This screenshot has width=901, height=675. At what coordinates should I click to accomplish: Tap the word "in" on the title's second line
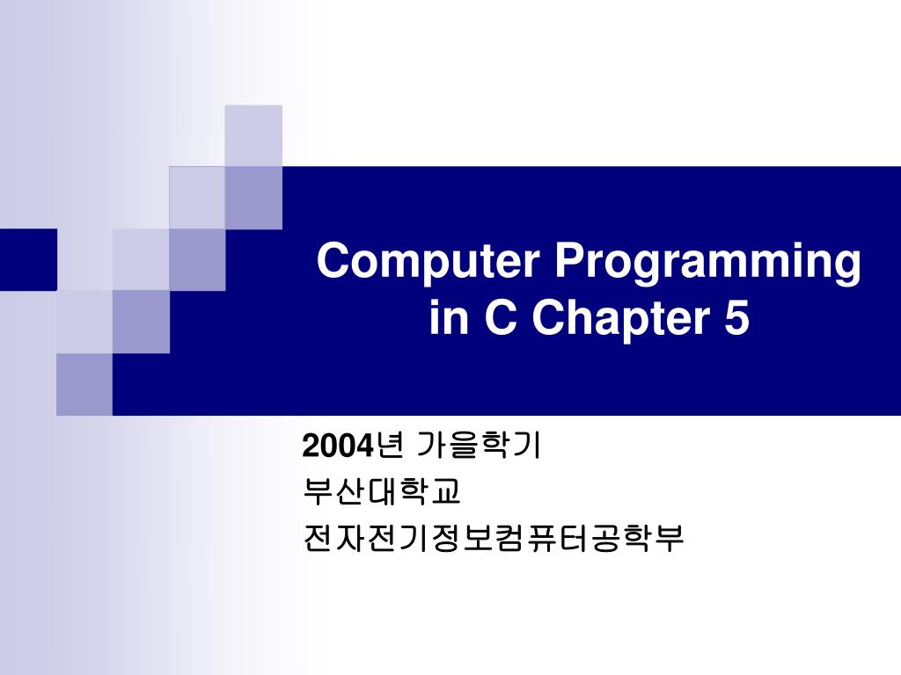point(449,318)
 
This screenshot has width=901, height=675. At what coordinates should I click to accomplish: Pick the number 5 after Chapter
point(736,318)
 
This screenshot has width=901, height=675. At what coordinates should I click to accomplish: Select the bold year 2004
point(338,446)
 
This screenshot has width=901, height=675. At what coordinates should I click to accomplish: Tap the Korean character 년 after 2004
point(389,446)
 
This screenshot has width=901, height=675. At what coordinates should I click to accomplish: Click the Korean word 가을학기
point(478,446)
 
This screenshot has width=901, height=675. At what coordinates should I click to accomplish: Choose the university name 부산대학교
point(381,492)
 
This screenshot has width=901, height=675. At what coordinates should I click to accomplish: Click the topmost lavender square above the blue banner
point(253,135)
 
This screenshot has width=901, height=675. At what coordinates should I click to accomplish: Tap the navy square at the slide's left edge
point(28,259)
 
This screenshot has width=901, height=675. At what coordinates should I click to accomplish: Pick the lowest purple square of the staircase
point(84,384)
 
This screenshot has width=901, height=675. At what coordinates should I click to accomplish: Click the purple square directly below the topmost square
point(253,198)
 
